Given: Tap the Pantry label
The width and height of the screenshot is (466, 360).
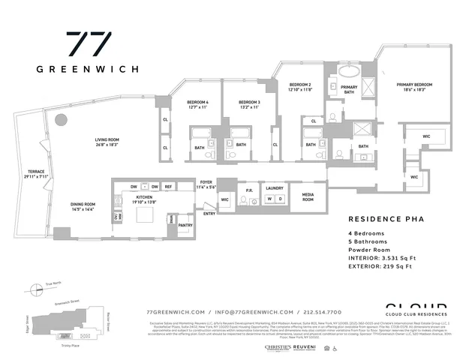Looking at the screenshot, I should coord(185,224).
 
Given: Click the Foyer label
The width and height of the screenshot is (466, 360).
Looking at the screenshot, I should coord(206,184).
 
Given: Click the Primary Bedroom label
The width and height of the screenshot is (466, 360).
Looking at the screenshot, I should coord(415,87).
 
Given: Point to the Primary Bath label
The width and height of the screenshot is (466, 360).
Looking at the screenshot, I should coord(349,90).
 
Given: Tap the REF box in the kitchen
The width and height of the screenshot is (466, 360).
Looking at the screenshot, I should coord(169,186).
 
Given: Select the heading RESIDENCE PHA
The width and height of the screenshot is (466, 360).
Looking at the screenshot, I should coord(382,219).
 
